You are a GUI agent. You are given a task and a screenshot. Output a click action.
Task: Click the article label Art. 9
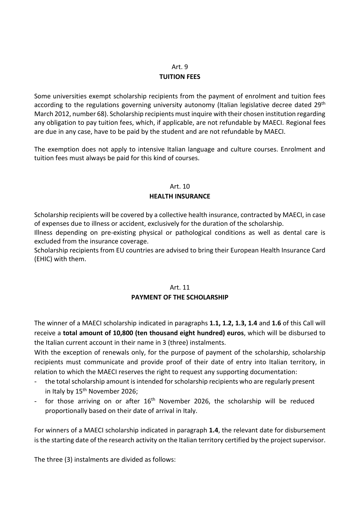180,67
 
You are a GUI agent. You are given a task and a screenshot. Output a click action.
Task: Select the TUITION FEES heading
180,77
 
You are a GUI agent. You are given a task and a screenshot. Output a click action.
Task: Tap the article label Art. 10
180,186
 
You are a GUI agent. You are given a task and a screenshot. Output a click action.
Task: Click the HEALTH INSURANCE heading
180,196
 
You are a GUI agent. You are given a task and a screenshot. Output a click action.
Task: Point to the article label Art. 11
180,287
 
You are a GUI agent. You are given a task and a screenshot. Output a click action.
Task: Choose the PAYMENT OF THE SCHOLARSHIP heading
180,297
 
